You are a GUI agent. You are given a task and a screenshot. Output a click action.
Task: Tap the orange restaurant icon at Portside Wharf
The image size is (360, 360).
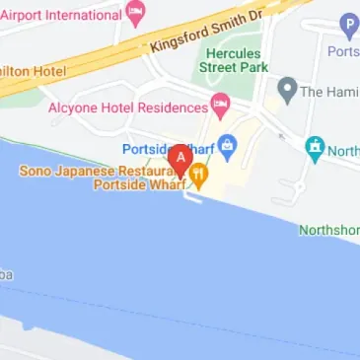point(198,178)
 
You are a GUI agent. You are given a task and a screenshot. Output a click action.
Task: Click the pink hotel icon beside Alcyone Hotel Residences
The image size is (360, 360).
point(221,105)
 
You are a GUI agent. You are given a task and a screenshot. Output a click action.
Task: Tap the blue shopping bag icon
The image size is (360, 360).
point(227,149)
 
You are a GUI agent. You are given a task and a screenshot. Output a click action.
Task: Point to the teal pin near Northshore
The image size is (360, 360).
point(316,149)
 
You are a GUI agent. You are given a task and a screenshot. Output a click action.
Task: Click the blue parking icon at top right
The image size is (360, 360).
point(347,27)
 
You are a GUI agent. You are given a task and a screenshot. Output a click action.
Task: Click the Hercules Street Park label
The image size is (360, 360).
point(233,59)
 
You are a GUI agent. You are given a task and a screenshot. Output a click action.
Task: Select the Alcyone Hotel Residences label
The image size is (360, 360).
point(128,105)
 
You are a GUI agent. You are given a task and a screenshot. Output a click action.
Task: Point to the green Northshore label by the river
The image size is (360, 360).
point(330,229)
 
